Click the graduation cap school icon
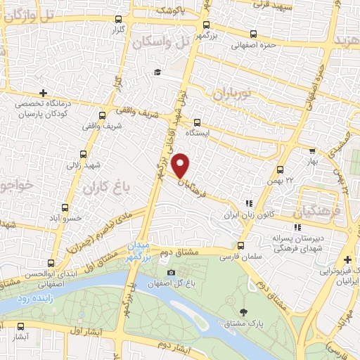[157, 72]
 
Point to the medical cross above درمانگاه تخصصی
[44, 93]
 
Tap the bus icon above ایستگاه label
[197, 121]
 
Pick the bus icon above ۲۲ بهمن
[281, 169]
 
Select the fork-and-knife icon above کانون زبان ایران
[248, 203]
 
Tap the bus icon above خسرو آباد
[65, 207]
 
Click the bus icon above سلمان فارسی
[241, 245]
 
